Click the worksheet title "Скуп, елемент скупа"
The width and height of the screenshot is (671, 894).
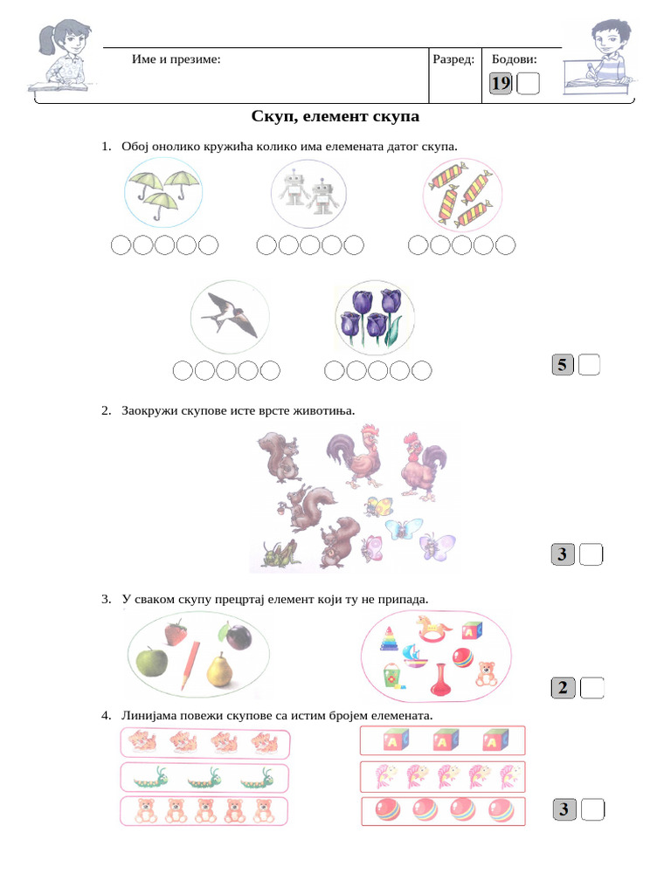coord(335,116)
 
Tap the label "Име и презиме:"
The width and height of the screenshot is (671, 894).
coord(176,59)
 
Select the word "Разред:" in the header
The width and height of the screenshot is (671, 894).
coord(453,59)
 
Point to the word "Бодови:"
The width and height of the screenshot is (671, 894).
coord(515,59)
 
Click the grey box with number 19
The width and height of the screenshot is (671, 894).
coord(501,84)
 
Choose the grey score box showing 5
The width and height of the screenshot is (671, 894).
coord(563,365)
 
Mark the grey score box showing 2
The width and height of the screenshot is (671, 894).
coord(563,688)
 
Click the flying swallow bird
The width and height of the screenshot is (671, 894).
coord(229,315)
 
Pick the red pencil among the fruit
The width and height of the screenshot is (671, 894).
coord(190,665)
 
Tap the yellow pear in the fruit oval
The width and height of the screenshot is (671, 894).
coord(218,670)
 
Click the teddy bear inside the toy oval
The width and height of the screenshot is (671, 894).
coord(486,673)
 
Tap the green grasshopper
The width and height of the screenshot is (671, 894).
coord(280,553)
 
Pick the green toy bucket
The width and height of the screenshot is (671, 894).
coord(392,674)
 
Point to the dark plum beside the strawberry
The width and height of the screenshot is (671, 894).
coord(239,636)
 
